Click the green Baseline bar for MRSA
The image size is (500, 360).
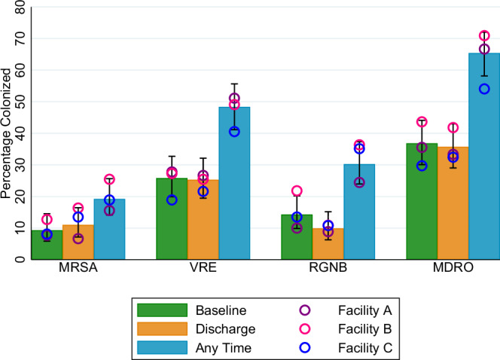click(x=47, y=246)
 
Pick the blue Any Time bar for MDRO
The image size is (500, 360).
click(x=484, y=158)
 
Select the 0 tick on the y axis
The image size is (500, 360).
click(x=22, y=260)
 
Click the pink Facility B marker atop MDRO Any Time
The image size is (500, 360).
click(x=484, y=36)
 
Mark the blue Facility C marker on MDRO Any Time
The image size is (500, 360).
click(x=484, y=89)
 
